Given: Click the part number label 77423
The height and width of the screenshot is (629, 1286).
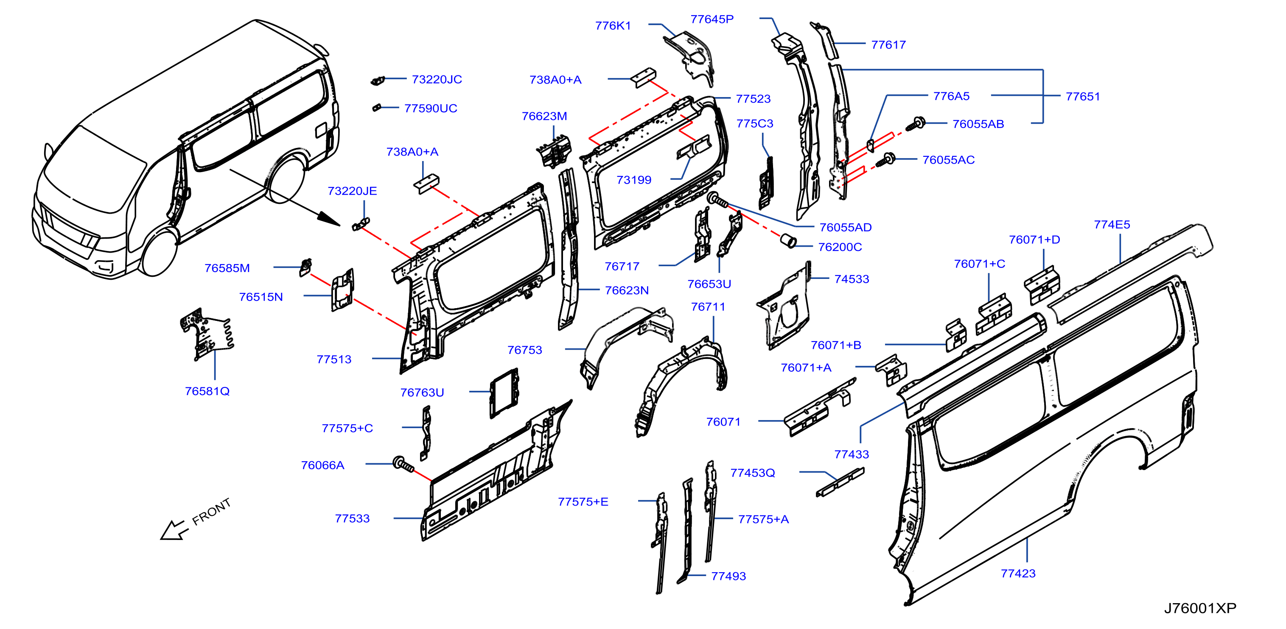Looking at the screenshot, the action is (x=1018, y=573).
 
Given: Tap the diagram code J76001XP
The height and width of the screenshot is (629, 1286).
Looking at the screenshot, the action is (x=1200, y=608).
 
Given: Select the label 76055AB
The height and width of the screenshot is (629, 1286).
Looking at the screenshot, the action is (x=978, y=124).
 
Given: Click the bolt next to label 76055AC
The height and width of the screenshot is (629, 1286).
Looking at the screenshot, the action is (x=885, y=161).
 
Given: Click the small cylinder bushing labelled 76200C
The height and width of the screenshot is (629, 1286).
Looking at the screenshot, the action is (x=788, y=240).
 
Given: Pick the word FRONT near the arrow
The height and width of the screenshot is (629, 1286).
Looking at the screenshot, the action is (x=211, y=512).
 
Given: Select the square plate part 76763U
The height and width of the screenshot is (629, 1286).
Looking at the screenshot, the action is (x=504, y=393).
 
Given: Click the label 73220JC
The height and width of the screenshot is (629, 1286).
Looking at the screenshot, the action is (x=437, y=79).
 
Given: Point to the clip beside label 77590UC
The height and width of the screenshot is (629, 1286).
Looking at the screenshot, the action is (x=377, y=107).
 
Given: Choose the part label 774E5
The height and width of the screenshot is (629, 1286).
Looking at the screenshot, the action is (x=1112, y=225).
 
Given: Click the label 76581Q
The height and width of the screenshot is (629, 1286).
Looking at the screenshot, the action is (x=207, y=391).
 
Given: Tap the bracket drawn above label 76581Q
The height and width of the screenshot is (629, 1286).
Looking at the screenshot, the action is (x=206, y=334).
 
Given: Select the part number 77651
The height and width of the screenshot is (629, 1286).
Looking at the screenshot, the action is (x=1083, y=96).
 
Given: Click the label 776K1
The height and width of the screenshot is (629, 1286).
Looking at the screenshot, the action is (x=613, y=25).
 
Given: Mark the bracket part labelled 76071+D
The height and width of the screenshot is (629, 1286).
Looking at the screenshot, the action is (x=1042, y=286).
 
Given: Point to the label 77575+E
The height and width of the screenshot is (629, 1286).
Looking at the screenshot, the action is (x=583, y=502).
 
